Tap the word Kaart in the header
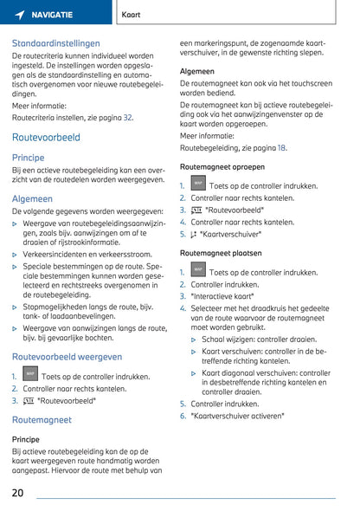tap(132, 16)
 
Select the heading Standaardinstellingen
tap(55, 42)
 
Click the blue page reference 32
tap(127, 117)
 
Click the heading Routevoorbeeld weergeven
tap(67, 356)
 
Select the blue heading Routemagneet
tap(42, 419)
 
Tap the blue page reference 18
tap(281, 148)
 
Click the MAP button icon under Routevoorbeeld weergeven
tap(29, 375)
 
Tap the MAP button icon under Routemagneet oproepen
tap(198, 184)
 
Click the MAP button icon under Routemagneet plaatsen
tap(198, 270)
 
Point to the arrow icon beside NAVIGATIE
tap(19, 16)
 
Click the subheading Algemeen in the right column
tap(197, 71)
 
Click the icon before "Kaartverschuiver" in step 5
tap(195, 234)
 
